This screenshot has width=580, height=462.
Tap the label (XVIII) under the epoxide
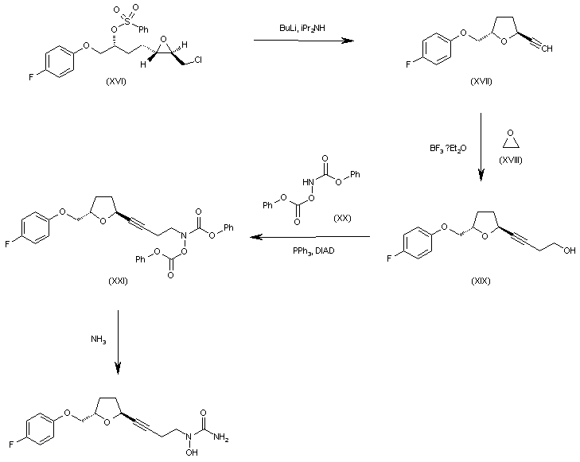[x=510, y=161]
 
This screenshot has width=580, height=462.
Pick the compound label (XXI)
[x=117, y=281]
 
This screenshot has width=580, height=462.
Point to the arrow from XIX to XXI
[x=309, y=237]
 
